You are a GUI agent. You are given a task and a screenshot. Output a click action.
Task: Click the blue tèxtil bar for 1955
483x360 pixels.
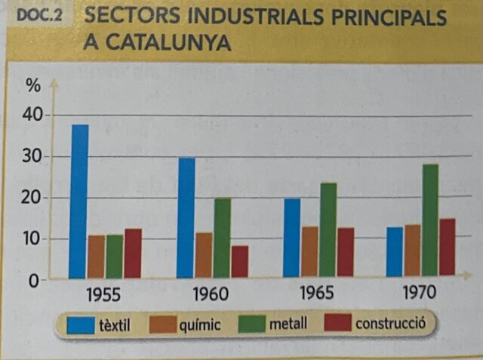click(79, 202)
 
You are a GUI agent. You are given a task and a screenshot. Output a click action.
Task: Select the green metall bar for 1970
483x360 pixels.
click(430, 220)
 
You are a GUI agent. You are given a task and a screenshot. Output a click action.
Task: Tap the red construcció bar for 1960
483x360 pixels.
click(240, 261)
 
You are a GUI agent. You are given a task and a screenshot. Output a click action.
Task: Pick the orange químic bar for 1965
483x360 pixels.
click(309, 251)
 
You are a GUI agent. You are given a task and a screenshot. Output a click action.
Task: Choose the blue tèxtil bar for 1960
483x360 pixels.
click(186, 217)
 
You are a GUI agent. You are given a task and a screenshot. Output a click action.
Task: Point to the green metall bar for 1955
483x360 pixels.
click(115, 256)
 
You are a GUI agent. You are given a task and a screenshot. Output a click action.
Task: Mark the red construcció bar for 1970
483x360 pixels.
click(448, 247)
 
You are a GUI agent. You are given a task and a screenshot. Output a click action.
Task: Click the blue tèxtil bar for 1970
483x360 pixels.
click(394, 251)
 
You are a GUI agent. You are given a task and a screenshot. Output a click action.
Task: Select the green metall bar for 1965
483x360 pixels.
click(328, 229)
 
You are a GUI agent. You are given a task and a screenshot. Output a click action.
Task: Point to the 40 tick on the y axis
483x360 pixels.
click(35, 115)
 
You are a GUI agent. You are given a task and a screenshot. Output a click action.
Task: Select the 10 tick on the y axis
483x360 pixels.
click(35, 239)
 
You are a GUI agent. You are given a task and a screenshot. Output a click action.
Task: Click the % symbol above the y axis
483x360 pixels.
click(33, 85)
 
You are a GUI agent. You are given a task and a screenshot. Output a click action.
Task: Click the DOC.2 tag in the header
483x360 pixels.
click(39, 16)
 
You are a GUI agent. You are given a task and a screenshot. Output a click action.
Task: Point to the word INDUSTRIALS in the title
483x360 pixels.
click(250, 17)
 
